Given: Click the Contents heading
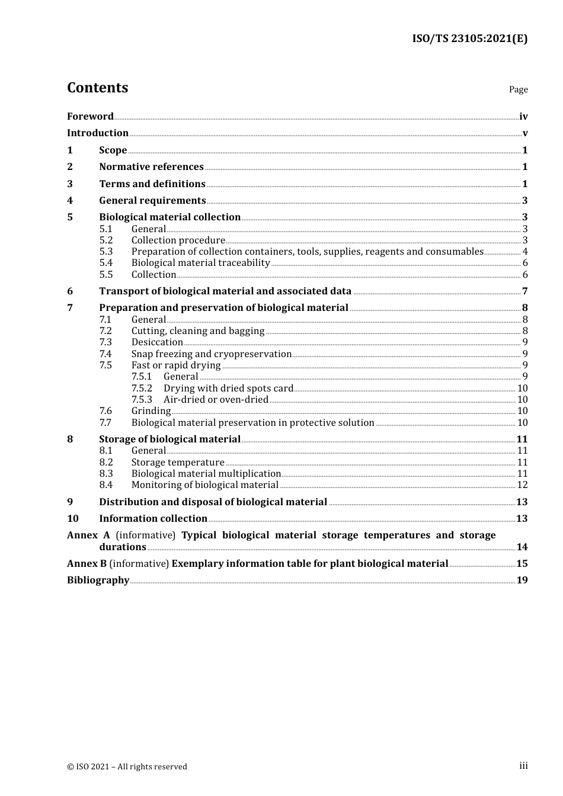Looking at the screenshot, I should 97,88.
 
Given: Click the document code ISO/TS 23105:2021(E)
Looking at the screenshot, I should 469,38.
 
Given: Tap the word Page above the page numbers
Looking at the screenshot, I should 518,89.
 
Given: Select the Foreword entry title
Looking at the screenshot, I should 90,116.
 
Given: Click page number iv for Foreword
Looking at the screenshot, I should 523,117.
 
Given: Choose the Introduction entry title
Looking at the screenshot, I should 98,133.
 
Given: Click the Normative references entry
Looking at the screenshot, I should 151,166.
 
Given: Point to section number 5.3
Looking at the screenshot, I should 105,251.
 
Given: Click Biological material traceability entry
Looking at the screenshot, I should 200,262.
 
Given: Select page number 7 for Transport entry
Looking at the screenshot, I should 524,291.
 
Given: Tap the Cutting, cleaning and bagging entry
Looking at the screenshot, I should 198,330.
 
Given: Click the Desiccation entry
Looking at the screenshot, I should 157,342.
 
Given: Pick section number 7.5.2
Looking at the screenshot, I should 142,388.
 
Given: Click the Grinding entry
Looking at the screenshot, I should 151,410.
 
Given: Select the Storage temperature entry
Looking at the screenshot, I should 178,462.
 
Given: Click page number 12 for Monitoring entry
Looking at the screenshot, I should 522,484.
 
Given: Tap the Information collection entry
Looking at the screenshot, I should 153,518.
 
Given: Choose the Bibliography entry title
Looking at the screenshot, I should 98,580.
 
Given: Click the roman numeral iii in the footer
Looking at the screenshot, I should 523,766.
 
